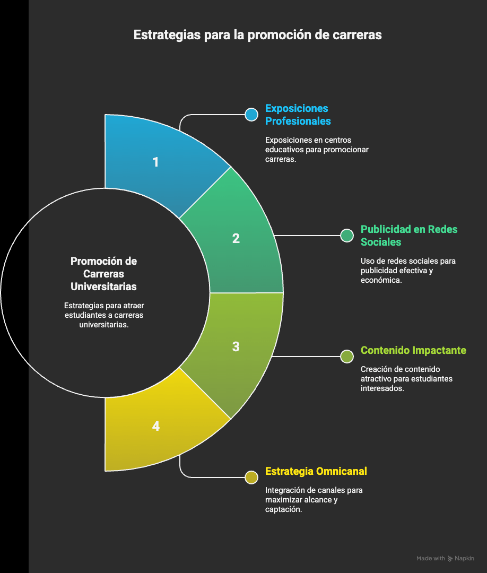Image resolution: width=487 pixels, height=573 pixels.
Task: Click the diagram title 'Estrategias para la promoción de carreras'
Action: point(257,35)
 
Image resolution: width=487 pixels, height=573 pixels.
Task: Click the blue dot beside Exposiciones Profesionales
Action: point(251,115)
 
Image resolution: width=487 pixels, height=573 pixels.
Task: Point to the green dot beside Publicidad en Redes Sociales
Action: point(347,236)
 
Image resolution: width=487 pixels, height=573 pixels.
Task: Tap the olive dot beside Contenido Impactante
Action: point(347,357)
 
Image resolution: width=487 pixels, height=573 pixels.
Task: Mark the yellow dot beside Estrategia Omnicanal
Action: point(251,477)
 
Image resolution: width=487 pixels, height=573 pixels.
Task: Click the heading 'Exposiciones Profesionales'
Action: point(298,115)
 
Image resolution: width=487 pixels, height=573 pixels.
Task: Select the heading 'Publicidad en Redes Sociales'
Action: point(409,236)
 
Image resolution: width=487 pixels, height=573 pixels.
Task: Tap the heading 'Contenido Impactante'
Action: point(413,350)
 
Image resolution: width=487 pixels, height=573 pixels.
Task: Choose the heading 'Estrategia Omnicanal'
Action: point(316,471)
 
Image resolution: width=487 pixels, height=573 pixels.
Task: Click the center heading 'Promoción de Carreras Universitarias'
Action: point(103,274)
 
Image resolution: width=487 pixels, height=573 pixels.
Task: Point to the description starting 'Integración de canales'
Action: point(314,500)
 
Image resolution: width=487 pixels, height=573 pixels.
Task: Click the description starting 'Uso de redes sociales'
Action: point(408,271)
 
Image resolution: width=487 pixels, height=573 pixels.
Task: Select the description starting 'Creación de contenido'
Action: point(406,379)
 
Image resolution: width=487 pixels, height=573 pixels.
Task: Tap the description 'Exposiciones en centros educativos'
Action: point(317,150)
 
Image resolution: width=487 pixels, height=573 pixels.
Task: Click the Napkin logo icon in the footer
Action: point(450,558)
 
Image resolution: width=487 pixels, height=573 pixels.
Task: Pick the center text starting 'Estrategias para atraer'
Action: point(103,316)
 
